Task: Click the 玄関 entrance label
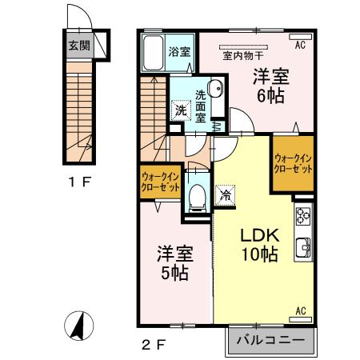78,46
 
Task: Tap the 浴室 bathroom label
178,52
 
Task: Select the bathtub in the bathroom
152,54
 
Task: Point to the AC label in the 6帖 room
300,46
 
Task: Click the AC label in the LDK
302,310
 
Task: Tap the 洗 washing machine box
181,111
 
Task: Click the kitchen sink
303,246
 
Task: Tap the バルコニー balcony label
270,340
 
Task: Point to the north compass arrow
78,325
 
